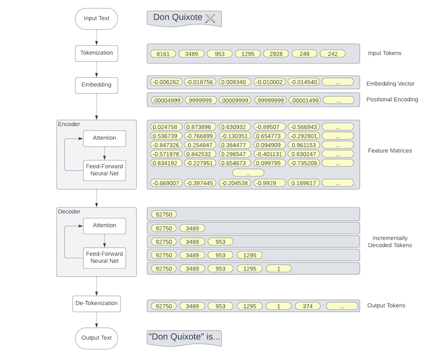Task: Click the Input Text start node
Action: [x=96, y=18]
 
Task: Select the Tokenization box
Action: [x=96, y=53]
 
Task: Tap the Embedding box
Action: [x=96, y=85]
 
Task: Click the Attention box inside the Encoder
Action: [x=104, y=138]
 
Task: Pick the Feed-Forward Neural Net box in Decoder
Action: [x=104, y=257]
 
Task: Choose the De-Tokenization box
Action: [x=96, y=303]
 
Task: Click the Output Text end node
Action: [x=96, y=338]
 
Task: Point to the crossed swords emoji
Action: [x=210, y=18]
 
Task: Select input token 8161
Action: [x=163, y=54]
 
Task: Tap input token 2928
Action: [x=276, y=54]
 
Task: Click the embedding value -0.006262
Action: [x=166, y=82]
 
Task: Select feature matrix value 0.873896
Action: [x=200, y=127]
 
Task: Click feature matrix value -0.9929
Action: [x=269, y=183]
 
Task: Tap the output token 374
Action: [x=307, y=306]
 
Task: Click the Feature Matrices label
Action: [x=390, y=151]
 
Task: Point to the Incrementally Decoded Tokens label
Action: [x=390, y=242]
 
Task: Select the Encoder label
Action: [x=69, y=124]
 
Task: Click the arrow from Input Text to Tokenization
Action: [x=96, y=37]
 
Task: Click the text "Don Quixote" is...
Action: [x=184, y=337]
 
